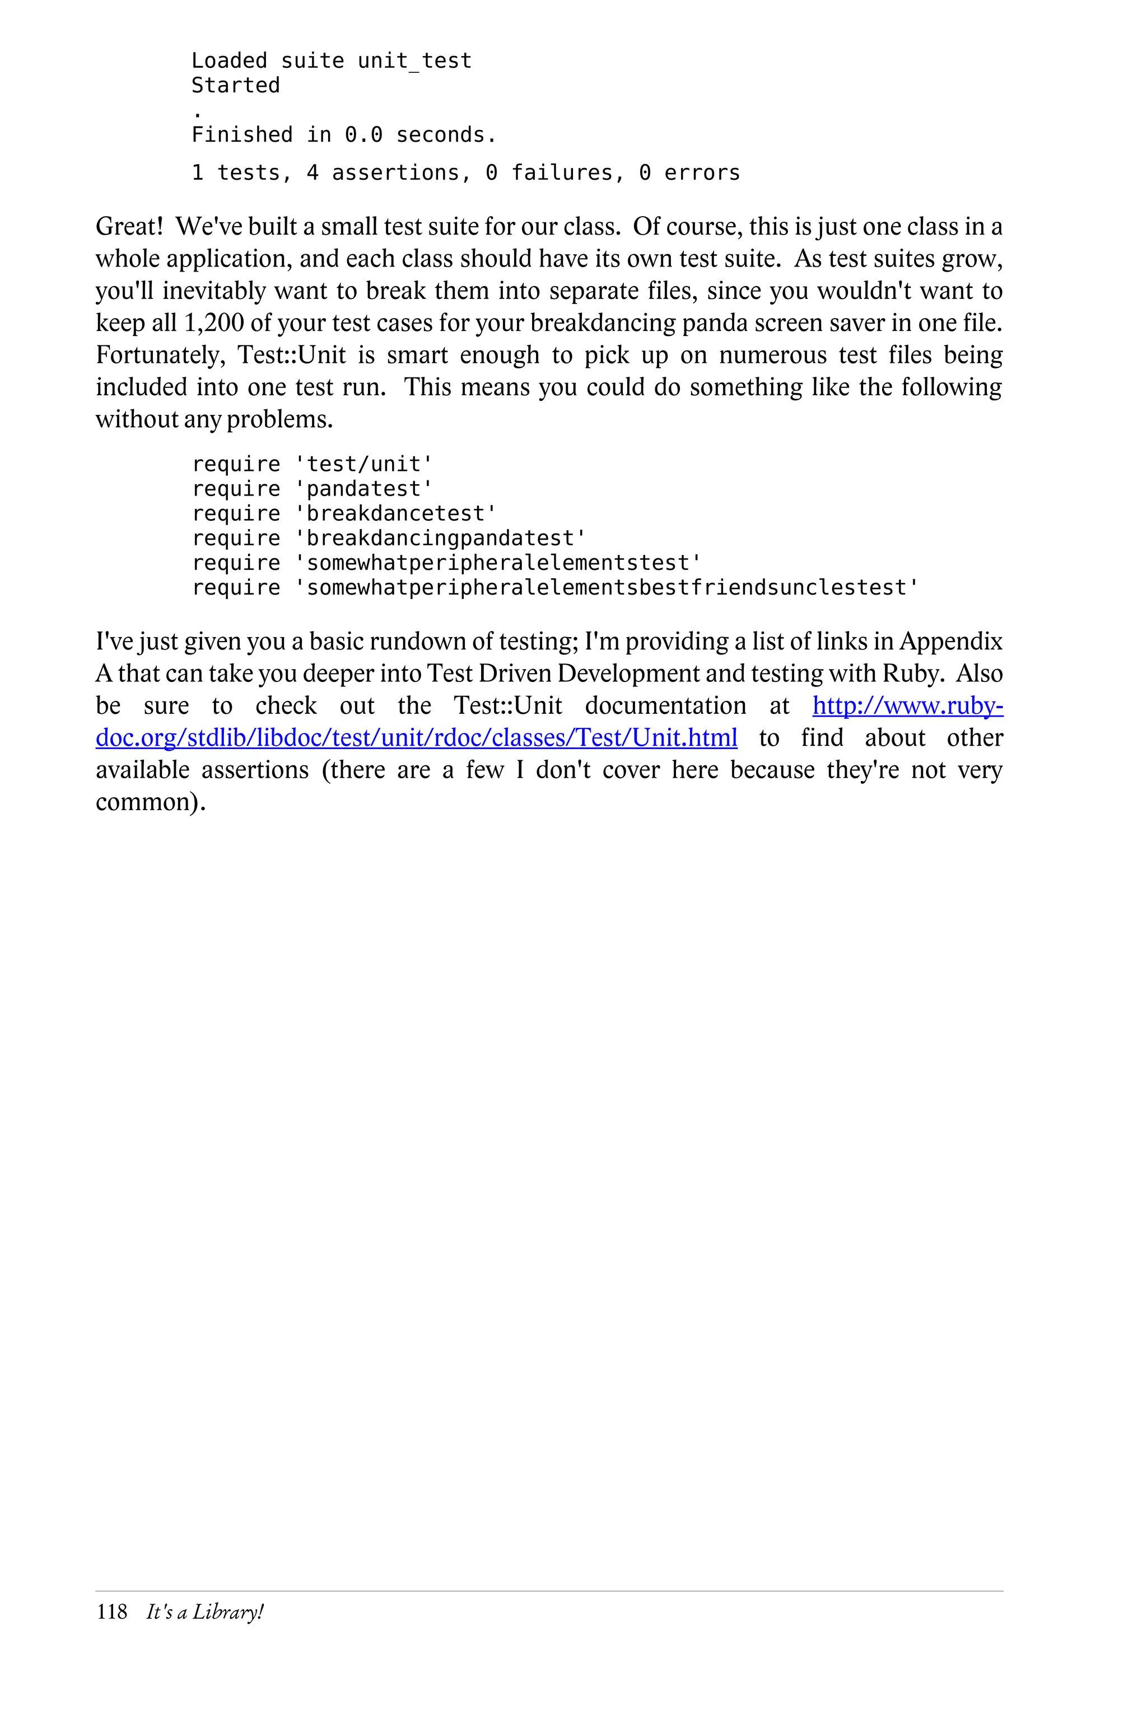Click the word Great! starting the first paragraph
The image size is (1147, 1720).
coord(129,227)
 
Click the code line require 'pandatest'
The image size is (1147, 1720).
coord(313,488)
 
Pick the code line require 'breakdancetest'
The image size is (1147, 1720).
coord(344,513)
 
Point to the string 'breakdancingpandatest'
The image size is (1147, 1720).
coord(440,538)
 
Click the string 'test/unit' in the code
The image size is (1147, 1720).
coord(363,464)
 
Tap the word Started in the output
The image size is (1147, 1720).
coord(236,86)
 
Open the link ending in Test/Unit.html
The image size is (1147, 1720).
coord(416,738)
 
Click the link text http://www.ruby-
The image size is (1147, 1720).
coord(907,705)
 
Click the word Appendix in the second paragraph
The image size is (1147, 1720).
coord(950,641)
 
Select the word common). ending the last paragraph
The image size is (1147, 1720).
coord(151,802)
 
